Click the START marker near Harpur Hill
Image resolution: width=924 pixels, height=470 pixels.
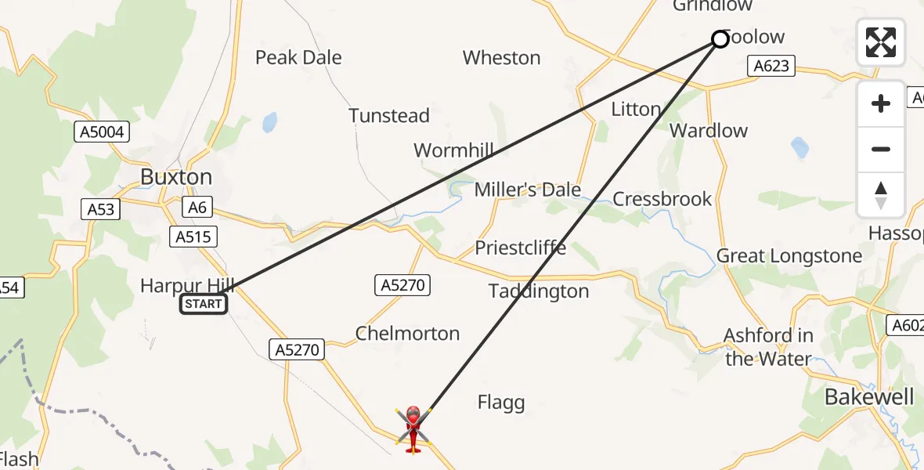tap(204, 304)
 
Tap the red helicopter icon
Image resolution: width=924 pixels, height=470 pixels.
tap(413, 428)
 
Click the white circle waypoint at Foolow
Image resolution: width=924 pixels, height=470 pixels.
tap(720, 39)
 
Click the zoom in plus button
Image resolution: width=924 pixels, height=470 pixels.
tap(881, 103)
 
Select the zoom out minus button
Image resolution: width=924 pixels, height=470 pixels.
tap(881, 149)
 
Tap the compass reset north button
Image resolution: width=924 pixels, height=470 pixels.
tap(881, 195)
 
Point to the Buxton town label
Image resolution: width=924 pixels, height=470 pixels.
tap(176, 177)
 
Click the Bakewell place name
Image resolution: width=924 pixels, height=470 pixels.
tap(869, 397)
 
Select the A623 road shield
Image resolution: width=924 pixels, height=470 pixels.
tap(771, 67)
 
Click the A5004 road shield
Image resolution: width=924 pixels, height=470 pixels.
tap(102, 132)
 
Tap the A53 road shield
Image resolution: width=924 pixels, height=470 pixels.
tap(99, 209)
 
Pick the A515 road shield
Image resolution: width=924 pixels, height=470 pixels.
tap(193, 237)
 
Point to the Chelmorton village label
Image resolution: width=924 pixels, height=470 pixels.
tap(407, 334)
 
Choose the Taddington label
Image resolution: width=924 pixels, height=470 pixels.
tap(539, 291)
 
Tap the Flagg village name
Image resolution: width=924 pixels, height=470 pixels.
tap(501, 403)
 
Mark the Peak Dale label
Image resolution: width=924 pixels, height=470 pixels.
tap(298, 57)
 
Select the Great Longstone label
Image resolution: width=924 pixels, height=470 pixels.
tap(789, 256)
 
